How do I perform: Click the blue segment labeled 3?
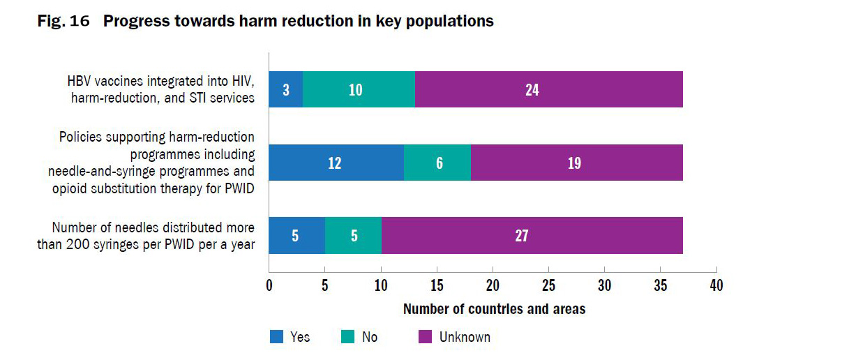coord(286,90)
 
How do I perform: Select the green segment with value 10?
coord(359,90)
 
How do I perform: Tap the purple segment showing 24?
coord(548,90)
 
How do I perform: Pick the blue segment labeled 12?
coord(336,163)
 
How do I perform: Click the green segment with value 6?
coord(437,163)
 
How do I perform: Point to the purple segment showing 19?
coord(576,163)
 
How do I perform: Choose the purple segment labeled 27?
coord(532,235)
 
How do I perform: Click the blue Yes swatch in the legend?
coord(277,337)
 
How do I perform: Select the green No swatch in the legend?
coord(348,337)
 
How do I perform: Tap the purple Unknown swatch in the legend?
coord(425,337)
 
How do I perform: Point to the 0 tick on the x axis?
coord(269,285)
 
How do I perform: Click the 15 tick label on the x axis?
coord(437,285)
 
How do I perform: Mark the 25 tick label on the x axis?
coord(548,285)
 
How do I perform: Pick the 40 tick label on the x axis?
coord(716,285)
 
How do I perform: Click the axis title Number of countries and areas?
coord(494,308)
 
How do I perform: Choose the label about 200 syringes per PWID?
coord(145,235)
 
